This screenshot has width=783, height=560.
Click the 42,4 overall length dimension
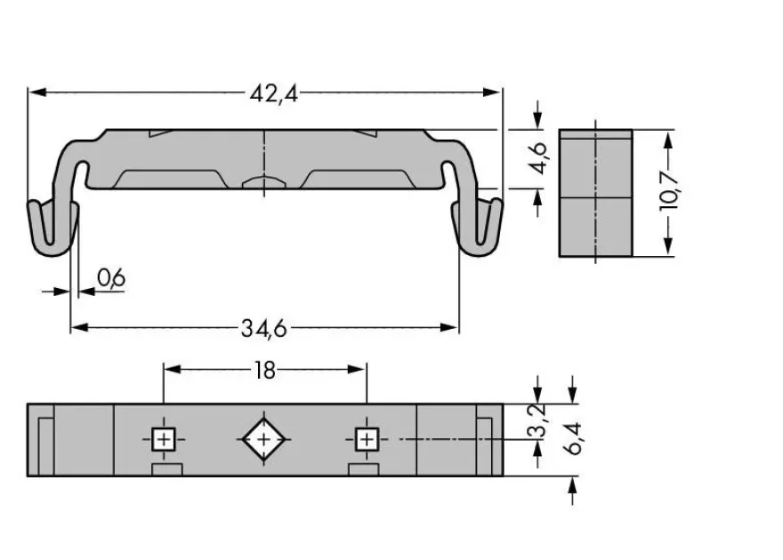[x=274, y=93]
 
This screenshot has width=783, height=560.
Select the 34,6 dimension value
[x=264, y=329]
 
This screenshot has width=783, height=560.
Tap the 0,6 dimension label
[x=111, y=277]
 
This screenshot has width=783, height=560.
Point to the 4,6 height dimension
[x=540, y=158]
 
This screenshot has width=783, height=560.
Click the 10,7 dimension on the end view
[x=669, y=191]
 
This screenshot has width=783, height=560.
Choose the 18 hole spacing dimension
[x=264, y=371]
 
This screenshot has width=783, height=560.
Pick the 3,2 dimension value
[x=538, y=421]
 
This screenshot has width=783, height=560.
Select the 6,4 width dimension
[x=572, y=438]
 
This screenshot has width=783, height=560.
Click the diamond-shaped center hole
[x=263, y=439]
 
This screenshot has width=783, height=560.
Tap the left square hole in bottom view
[x=164, y=439]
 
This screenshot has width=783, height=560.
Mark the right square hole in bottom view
[x=367, y=439]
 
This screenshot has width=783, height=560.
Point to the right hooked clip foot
[x=478, y=227]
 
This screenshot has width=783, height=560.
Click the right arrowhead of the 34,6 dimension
[x=449, y=328]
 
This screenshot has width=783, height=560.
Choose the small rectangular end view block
[x=596, y=193]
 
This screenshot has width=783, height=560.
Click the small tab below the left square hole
[x=167, y=469]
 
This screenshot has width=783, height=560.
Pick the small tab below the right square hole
[x=364, y=469]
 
